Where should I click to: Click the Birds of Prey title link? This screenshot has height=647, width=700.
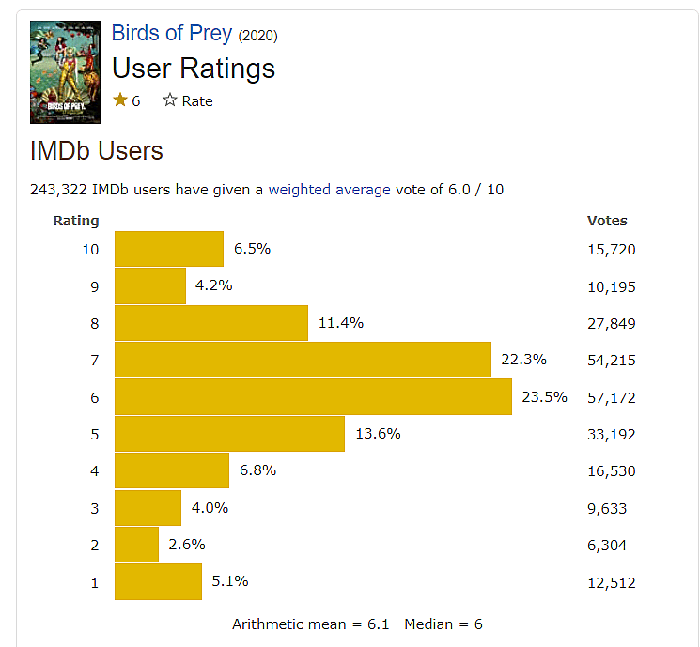coord(171,33)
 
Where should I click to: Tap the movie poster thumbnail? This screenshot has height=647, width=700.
coord(65,72)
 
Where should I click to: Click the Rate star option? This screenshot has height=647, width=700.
coord(188,100)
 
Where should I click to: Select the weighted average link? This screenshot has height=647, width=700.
coord(329,189)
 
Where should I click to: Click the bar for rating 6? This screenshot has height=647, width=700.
coord(313,396)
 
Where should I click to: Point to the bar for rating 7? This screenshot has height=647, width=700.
coord(303,360)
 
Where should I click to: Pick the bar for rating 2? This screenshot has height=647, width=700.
coord(136,545)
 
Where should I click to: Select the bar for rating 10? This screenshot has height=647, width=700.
coord(169,249)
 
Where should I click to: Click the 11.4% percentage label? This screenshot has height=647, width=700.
coord(341,323)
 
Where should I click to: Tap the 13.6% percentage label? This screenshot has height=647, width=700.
coord(378,434)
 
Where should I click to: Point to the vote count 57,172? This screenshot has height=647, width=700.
coord(611,397)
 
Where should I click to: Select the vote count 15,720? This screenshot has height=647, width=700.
coord(611,249)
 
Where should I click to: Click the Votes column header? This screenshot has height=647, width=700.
coord(607,221)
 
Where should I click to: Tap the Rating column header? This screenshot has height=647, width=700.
coord(76,221)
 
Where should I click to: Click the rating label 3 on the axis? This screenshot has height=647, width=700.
coord(94,508)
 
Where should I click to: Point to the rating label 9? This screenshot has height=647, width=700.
coord(94,286)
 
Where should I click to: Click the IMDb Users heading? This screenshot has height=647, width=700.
coord(97,150)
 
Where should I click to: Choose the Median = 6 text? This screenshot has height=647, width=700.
coord(443,624)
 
